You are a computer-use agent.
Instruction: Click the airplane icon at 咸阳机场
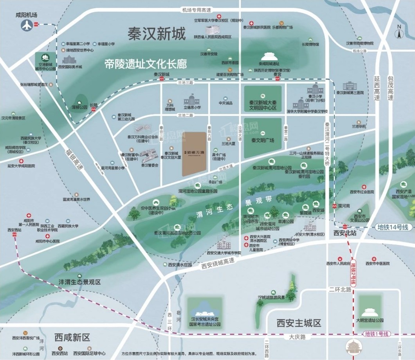pos(27,25)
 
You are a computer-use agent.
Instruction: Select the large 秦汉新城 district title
pos(156,34)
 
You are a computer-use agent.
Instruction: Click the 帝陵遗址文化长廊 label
pos(146,64)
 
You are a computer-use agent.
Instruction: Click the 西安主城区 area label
pos(299,323)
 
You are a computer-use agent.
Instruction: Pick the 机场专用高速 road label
pos(196,10)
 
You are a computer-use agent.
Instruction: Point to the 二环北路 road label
pos(339,290)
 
